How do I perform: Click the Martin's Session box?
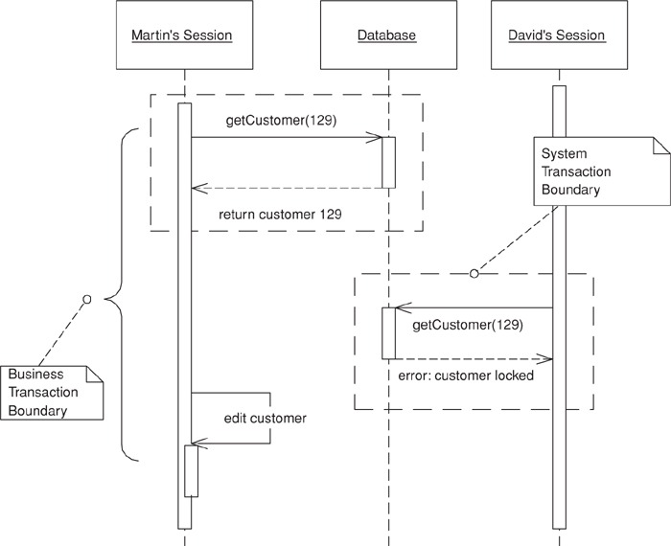182,35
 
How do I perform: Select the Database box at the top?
386,35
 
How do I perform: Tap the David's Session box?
558,35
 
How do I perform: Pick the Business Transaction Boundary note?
52,393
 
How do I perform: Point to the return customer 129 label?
280,214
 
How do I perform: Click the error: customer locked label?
466,375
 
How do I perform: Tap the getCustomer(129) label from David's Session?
468,326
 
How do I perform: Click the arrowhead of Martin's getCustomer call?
378,138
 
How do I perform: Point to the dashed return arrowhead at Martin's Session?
197,188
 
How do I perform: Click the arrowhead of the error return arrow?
548,359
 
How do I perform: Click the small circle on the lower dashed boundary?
474,275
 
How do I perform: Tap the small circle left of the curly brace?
86,300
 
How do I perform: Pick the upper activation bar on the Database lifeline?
389,162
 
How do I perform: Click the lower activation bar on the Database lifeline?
389,333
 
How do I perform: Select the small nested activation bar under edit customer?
192,470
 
